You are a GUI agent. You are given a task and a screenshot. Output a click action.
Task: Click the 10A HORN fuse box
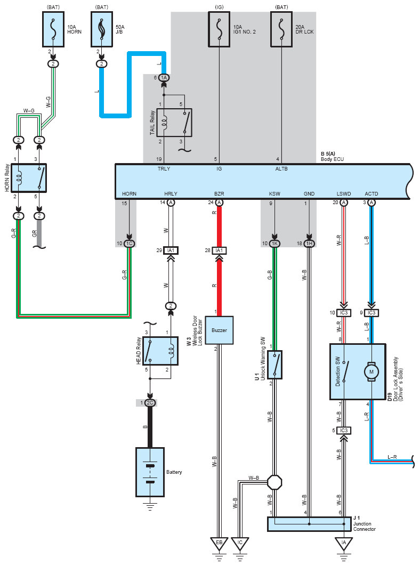point(53,29)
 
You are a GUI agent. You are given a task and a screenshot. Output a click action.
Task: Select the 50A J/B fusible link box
point(102,29)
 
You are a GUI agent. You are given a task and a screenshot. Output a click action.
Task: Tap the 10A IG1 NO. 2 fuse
point(219,29)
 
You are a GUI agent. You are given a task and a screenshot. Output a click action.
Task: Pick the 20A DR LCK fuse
point(281,29)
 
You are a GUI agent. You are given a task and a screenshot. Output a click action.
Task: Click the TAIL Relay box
point(174,123)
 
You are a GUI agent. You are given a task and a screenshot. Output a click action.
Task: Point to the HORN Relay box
point(29,178)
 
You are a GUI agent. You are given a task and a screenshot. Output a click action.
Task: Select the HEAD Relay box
point(160,351)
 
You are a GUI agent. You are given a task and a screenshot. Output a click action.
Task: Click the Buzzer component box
point(219,330)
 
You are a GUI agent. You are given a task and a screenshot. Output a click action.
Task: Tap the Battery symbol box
point(150,472)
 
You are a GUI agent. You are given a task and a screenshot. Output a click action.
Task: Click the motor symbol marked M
point(371,372)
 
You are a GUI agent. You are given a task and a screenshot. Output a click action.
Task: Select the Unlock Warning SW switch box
point(275,365)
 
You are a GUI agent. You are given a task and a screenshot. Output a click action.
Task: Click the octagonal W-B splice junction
point(274,482)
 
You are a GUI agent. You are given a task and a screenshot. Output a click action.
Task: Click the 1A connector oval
point(164,78)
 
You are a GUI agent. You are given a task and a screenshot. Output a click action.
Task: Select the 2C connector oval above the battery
point(150,403)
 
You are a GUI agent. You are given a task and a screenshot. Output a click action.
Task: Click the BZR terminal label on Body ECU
point(219,194)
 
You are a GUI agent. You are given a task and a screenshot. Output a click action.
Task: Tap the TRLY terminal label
point(164,168)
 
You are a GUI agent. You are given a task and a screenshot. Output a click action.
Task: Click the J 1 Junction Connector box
point(309,524)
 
